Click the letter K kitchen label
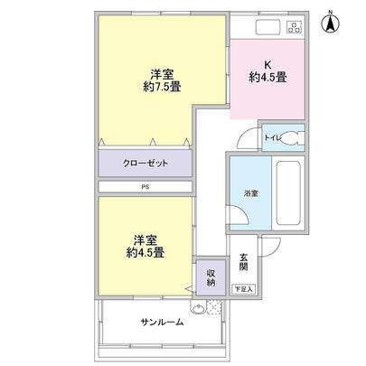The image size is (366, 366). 267,64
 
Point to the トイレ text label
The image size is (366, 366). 274,138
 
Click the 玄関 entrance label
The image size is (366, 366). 243,262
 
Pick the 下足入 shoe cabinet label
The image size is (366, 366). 243,289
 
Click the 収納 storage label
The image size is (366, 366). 209,277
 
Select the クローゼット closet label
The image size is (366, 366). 145,164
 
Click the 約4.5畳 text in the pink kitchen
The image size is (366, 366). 268,78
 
